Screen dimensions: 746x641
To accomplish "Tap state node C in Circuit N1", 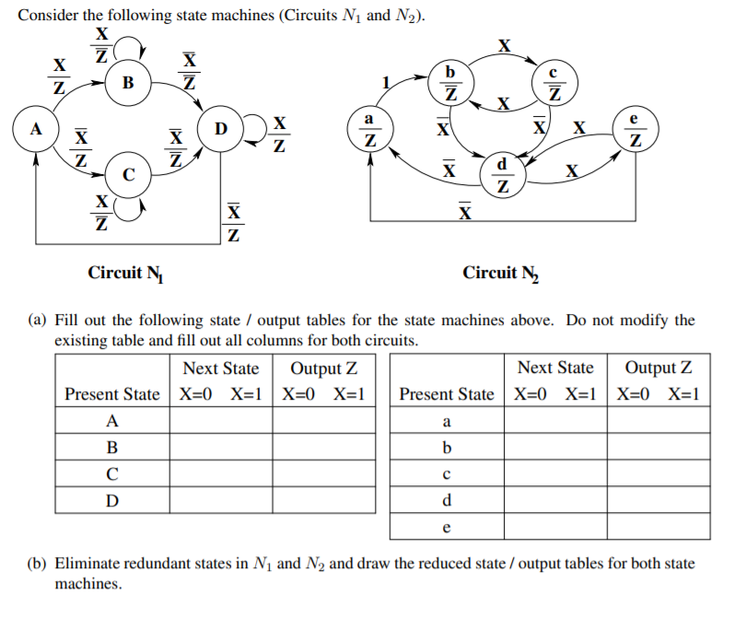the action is tap(128, 174).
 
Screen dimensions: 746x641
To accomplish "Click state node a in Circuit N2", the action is tap(369, 130).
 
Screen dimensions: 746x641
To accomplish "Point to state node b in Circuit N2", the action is tap(450, 82).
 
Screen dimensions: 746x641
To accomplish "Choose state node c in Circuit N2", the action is tap(554, 82).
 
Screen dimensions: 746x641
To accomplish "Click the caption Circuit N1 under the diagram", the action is tap(125, 273).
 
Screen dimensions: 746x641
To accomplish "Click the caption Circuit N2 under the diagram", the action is tap(501, 273).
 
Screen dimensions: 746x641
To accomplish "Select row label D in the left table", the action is tap(112, 500).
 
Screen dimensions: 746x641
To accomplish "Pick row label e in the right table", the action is tap(447, 527).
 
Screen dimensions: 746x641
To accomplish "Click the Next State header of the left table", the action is tap(221, 368).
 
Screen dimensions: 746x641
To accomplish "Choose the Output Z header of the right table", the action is tap(659, 368).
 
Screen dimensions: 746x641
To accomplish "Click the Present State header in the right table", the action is tap(447, 394).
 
